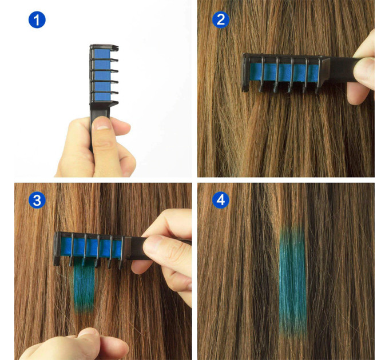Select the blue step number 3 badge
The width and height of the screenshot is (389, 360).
coord(36,201)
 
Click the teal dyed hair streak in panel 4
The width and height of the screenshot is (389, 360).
coord(292,283)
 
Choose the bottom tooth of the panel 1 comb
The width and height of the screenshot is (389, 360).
coord(110,103)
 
